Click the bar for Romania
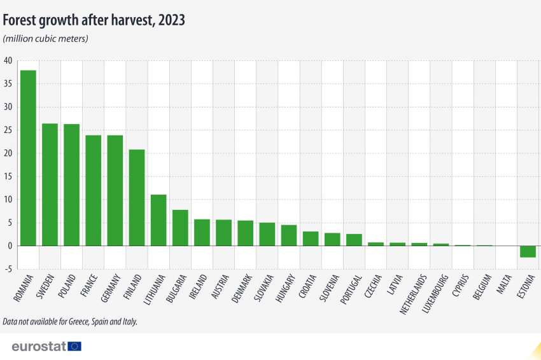[28, 158]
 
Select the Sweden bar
[50, 184]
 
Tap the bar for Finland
[137, 197]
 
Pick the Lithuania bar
[158, 220]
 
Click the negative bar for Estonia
[528, 251]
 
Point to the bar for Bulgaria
[180, 228]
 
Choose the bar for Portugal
[354, 240]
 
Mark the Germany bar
[115, 190]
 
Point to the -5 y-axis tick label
[8, 269]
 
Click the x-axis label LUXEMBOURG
[435, 294]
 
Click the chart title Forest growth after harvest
[94, 20]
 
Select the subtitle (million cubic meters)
[46, 39]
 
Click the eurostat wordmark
[38, 346]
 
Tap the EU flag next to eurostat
[74, 346]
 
